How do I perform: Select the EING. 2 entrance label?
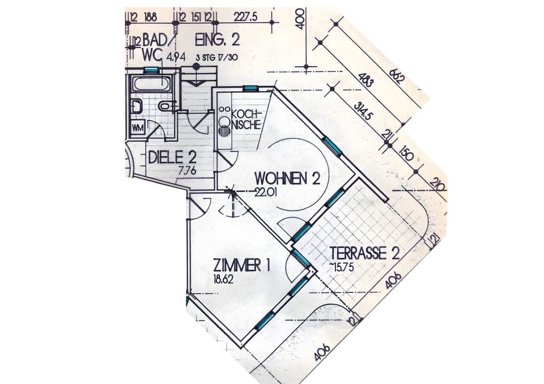pos(217,40)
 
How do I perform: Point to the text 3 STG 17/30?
pos(215,57)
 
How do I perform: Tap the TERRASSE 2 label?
pos(365,253)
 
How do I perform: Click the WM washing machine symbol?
pos(138,128)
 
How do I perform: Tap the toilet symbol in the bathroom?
pos(165,106)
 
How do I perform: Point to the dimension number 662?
pos(396,75)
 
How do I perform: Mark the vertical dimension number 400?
pos(300,22)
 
